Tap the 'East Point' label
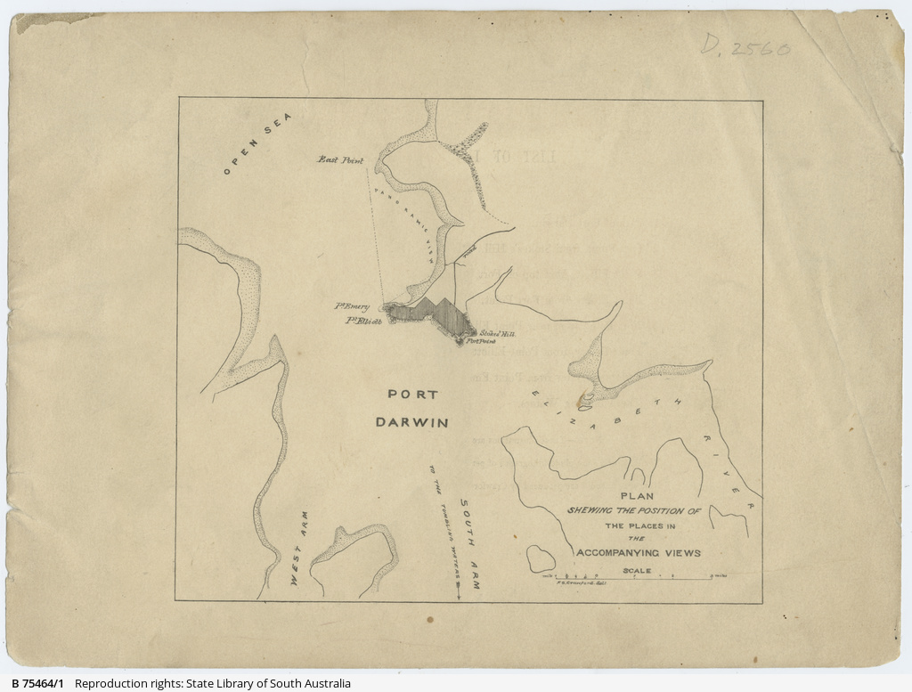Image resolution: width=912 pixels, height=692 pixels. click(x=341, y=160)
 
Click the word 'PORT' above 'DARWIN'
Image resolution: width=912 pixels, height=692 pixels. click(x=411, y=395)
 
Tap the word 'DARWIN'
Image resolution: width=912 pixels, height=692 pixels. click(x=411, y=422)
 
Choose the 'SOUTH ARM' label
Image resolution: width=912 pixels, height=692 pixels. click(x=468, y=546)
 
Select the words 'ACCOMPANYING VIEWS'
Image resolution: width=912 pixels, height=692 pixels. click(x=638, y=553)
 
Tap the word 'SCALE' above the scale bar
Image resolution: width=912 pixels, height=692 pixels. click(x=637, y=571)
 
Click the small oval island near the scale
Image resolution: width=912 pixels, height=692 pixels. click(x=541, y=558)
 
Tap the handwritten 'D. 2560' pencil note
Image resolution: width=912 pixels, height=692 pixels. click(x=745, y=45)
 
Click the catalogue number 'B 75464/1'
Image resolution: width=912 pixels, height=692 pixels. click(x=37, y=684)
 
